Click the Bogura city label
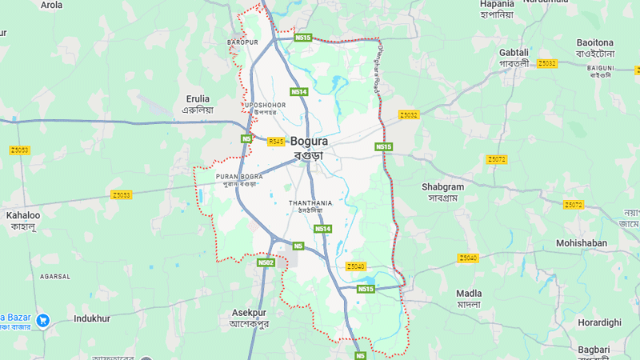tap(308, 142)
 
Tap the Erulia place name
tap(197, 99)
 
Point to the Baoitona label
tap(594, 42)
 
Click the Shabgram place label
tap(442, 186)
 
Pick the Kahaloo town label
tap(23, 215)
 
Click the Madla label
tap(469, 294)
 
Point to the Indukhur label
tap(91, 318)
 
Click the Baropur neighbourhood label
tap(242, 41)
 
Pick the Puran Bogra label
tap(239, 176)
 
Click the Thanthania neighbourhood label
tap(310, 204)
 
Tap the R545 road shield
tap(276, 142)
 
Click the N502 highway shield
tap(266, 262)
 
